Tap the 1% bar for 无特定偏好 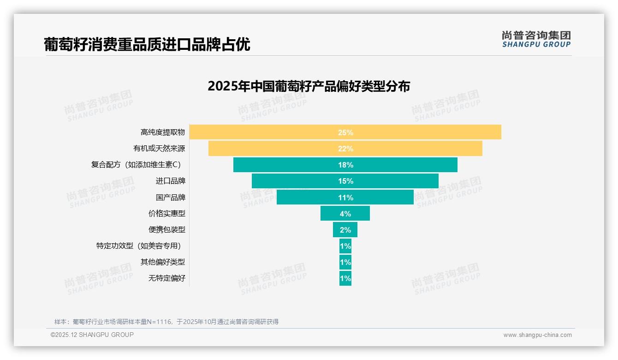coord(345,278)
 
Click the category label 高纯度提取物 coord(162,132)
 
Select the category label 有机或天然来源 coord(159,149)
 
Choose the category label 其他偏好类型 coord(162,262)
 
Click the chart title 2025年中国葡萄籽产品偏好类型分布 coord(309,86)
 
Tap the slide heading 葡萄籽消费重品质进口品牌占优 coord(147,44)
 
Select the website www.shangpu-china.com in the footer coord(537,335)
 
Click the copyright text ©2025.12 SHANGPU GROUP coord(92,335)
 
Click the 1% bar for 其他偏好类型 coord(345,262)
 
